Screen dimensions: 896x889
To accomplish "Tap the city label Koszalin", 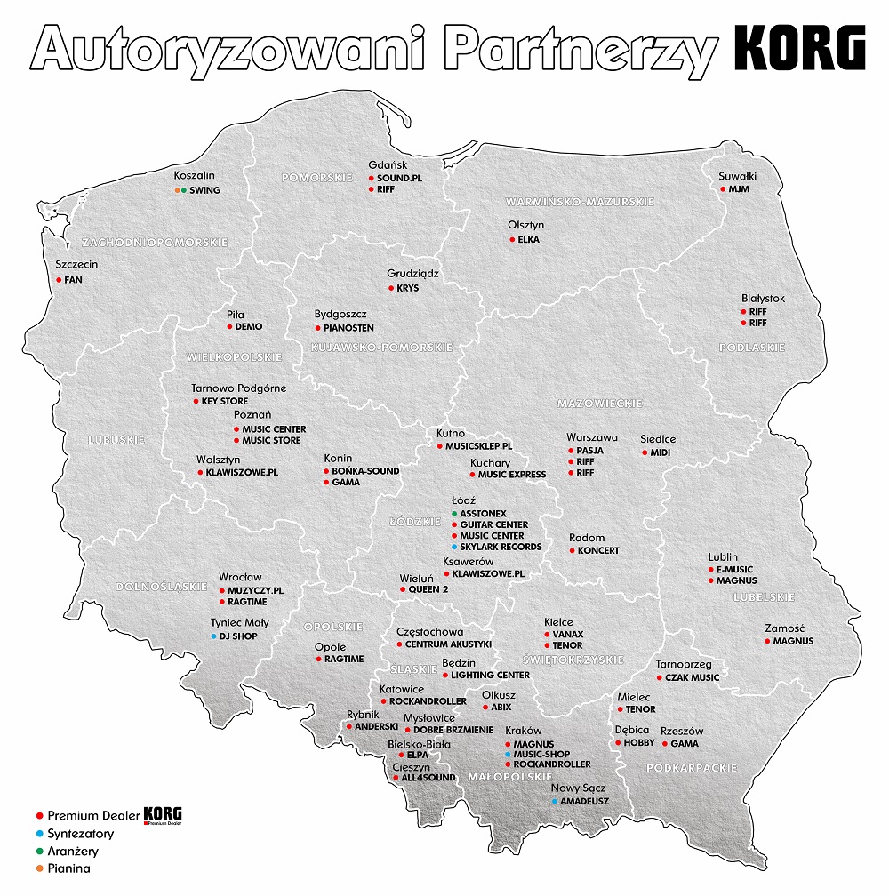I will (x=194, y=176).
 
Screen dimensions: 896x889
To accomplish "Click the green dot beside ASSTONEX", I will (x=453, y=514).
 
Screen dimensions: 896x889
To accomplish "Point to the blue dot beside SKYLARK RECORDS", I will (x=453, y=547).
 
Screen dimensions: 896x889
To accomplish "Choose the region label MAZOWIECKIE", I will (x=599, y=404).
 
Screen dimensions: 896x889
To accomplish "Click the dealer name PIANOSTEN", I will (x=348, y=328).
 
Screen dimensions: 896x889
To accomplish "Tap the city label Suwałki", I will (x=737, y=176).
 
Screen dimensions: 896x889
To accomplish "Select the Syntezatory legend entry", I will (x=81, y=834).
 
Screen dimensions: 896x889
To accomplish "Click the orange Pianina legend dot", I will (x=39, y=868).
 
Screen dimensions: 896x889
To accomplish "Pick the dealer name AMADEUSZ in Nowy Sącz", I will (x=585, y=801).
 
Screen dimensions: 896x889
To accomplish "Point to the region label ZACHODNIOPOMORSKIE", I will (x=155, y=242).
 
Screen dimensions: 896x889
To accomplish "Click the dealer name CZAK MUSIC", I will (x=692, y=677).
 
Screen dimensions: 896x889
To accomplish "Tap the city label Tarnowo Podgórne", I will (x=239, y=388).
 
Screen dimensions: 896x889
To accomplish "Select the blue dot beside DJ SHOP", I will (x=213, y=636).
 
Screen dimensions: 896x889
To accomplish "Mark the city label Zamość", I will (x=785, y=628).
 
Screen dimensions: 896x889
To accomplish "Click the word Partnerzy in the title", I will (x=579, y=49).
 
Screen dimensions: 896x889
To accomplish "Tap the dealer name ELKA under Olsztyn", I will (x=529, y=239).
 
